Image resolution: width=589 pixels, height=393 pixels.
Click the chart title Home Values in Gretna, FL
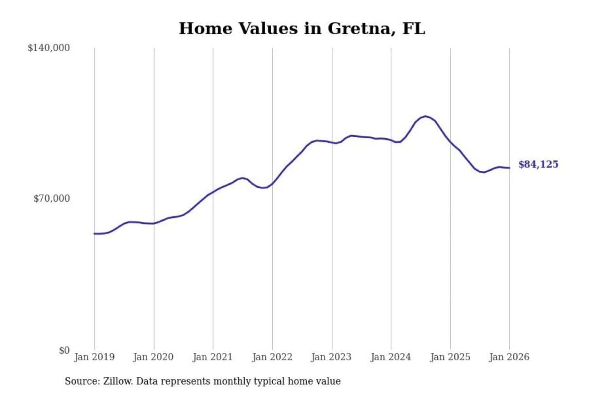[x=302, y=28]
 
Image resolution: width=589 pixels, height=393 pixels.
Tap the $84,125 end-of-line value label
[x=538, y=164]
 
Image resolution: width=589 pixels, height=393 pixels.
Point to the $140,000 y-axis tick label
[x=49, y=48]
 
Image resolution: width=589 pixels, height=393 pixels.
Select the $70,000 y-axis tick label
[x=52, y=199]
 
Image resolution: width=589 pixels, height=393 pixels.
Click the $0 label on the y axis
[x=64, y=350]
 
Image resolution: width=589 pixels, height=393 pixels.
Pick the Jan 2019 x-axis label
[x=94, y=357]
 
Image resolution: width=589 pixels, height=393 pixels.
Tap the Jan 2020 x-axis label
[x=153, y=357]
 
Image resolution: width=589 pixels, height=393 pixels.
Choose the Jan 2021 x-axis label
[x=213, y=357]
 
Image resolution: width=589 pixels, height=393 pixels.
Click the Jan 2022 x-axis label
[x=272, y=357]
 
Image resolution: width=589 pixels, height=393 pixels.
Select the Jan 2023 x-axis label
[x=331, y=357]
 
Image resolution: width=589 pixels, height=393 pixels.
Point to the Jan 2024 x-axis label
[x=391, y=357]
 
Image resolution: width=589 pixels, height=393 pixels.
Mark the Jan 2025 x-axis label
[x=450, y=357]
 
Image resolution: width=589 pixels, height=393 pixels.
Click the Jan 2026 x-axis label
[x=509, y=357]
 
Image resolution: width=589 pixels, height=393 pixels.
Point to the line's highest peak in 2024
[x=426, y=116]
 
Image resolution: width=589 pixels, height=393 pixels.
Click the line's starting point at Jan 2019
[x=94, y=233]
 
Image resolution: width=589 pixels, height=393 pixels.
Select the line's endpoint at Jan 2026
[x=509, y=168]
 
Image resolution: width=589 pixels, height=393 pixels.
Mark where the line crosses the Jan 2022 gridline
[x=272, y=183]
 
